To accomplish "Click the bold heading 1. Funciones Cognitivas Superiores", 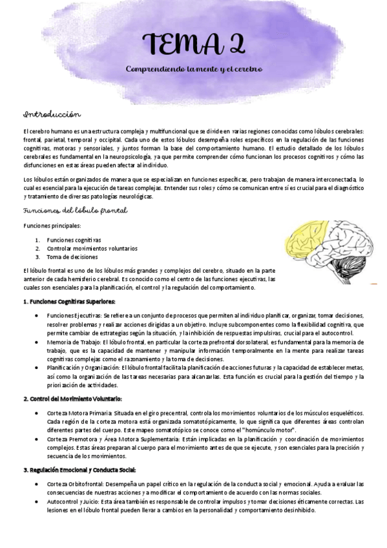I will (x=69, y=301).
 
